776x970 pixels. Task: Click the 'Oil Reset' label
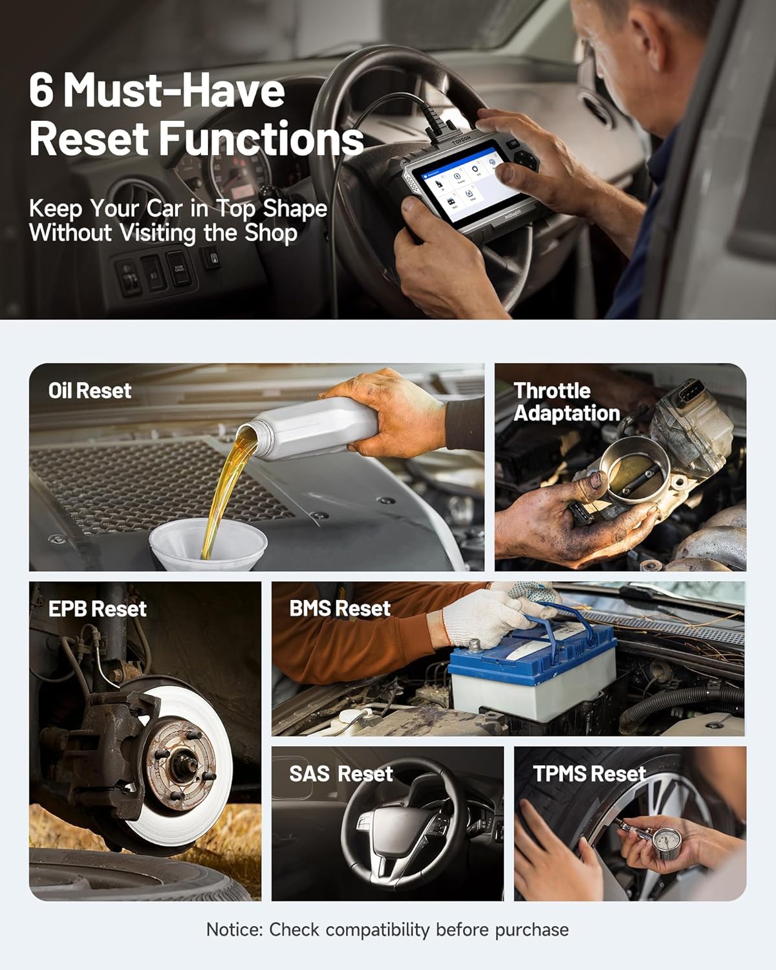coord(90,391)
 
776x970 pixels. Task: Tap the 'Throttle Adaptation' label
coord(566,402)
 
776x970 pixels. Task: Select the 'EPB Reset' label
coord(98,609)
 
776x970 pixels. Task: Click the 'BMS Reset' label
coord(340,608)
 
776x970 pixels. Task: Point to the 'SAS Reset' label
coord(341,773)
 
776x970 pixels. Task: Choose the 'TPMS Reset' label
coord(590,773)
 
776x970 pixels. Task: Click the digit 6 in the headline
coord(41,90)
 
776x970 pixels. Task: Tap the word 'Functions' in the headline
coord(261,139)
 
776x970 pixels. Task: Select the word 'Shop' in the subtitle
coord(271,233)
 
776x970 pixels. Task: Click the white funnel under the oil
coord(208,543)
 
